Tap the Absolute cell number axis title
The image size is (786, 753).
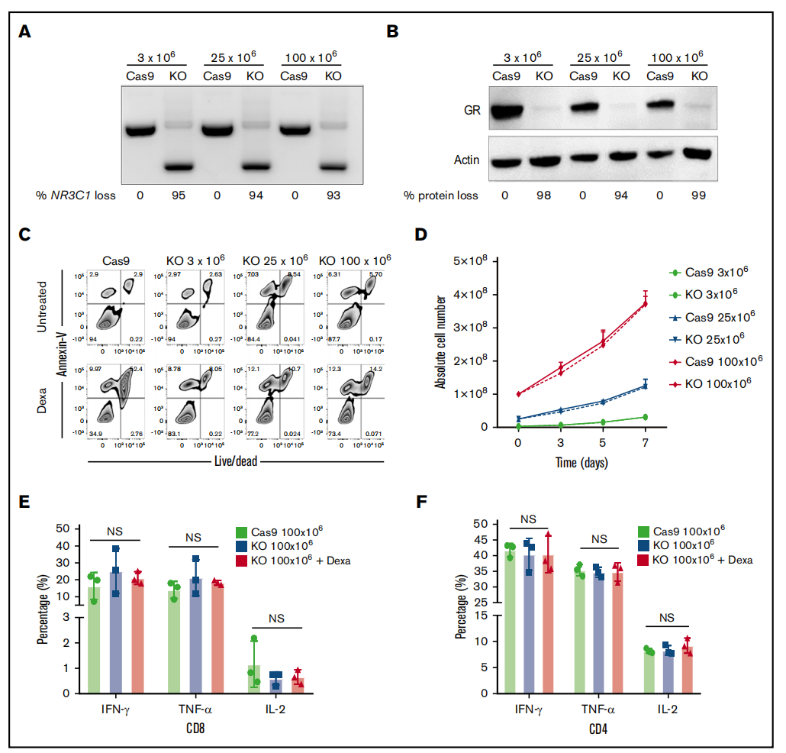pyautogui.click(x=441, y=344)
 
